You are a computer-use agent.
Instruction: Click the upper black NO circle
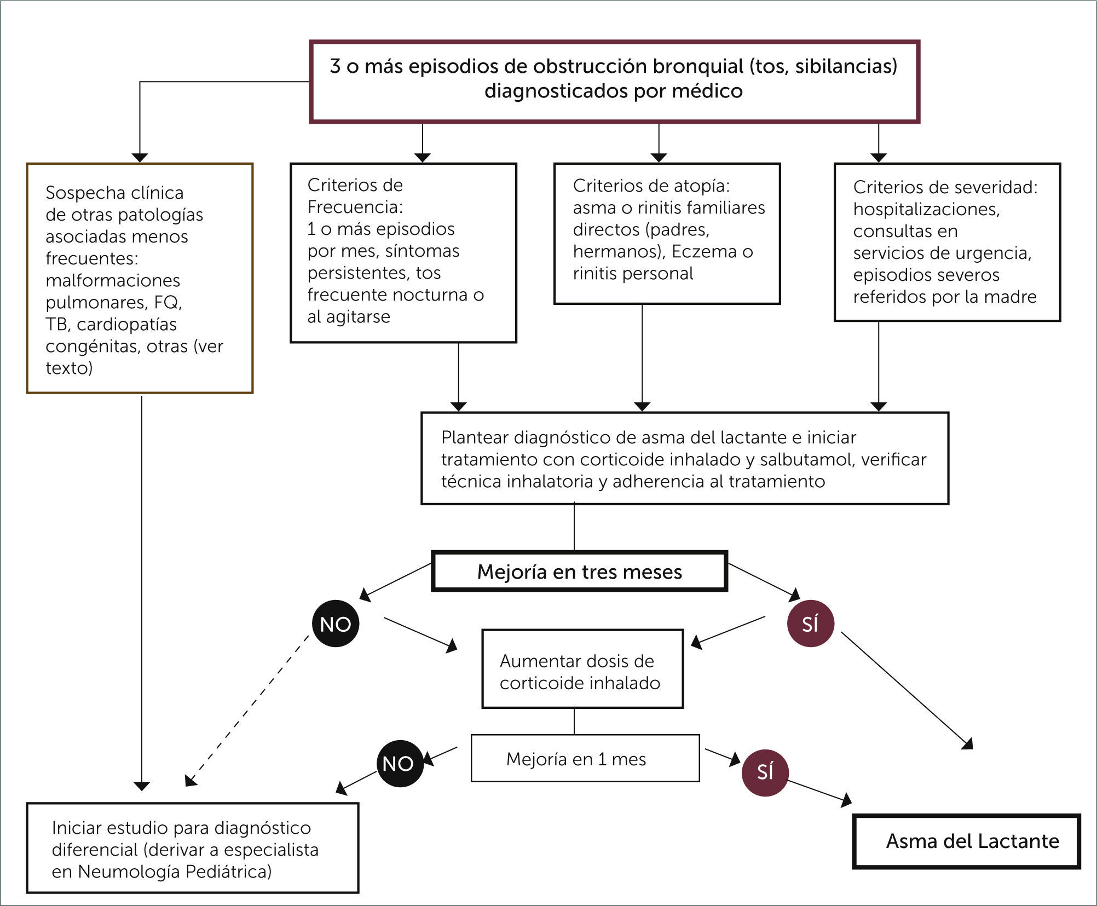coord(335,624)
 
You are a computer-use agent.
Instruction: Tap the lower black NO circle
coord(400,764)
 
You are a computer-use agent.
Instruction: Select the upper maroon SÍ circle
coord(810,624)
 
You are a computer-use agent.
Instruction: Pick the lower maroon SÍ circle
coord(765,772)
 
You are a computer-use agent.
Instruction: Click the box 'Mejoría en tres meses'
coord(579,572)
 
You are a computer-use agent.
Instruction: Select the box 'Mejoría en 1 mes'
coord(585,759)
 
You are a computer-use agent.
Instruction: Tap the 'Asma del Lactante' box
coord(967,841)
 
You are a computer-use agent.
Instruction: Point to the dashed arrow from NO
coord(246,712)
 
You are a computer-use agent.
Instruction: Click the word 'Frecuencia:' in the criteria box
coord(355,207)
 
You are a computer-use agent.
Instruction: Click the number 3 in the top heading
coord(335,66)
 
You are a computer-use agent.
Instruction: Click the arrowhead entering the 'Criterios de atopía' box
coord(659,158)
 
